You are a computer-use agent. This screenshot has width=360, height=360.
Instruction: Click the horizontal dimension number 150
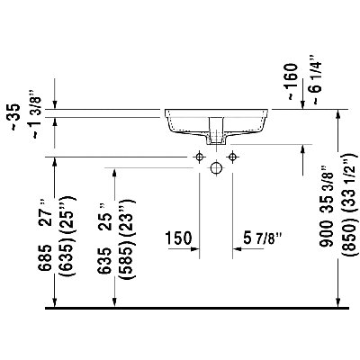[x=179, y=238]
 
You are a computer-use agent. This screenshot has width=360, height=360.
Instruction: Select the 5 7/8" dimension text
[x=263, y=238]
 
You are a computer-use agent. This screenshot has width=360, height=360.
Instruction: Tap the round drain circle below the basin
[x=216, y=167]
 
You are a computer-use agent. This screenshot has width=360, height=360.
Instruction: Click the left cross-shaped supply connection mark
[x=194, y=157]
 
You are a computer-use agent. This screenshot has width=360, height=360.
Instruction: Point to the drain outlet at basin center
[x=216, y=133]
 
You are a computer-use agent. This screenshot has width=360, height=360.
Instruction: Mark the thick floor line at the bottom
[x=180, y=309]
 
